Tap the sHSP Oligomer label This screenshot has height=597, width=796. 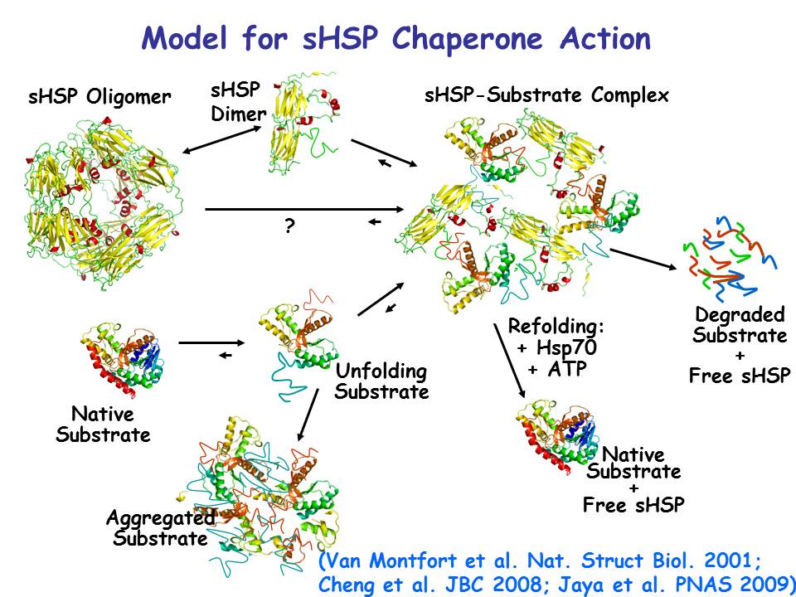tap(99, 97)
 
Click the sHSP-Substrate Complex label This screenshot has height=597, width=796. tap(546, 95)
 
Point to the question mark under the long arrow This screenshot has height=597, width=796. tap(289, 225)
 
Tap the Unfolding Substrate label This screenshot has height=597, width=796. tap(381, 381)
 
